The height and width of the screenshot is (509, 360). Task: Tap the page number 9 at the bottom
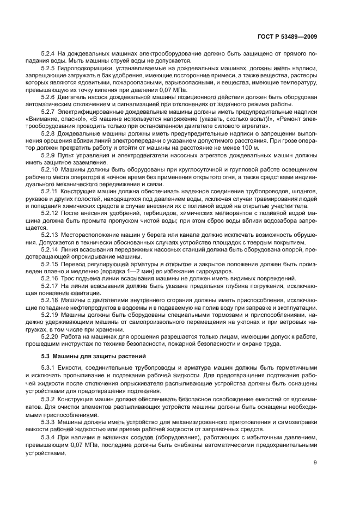tap(315, 463)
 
